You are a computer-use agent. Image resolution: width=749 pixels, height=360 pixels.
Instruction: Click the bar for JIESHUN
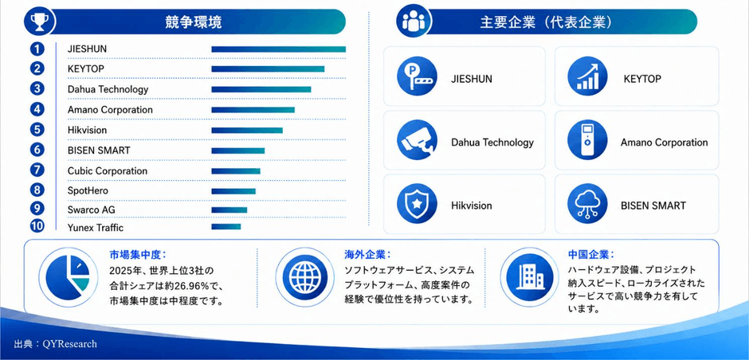279,49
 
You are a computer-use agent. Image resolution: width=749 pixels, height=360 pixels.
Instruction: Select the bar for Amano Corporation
253,110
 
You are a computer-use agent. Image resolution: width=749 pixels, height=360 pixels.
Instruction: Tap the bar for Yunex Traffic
226,227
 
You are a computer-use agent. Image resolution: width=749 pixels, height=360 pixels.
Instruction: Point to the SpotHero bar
233,191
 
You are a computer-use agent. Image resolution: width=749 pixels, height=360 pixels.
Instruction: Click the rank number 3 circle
37,89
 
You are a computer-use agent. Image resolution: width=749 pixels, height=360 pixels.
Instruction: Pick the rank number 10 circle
37,226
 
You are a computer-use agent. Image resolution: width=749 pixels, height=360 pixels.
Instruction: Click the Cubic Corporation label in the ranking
108,171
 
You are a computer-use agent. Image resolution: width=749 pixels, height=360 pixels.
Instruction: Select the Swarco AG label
92,210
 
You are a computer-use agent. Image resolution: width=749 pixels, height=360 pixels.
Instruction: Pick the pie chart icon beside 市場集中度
69,277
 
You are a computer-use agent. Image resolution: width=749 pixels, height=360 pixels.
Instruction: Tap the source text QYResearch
69,344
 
